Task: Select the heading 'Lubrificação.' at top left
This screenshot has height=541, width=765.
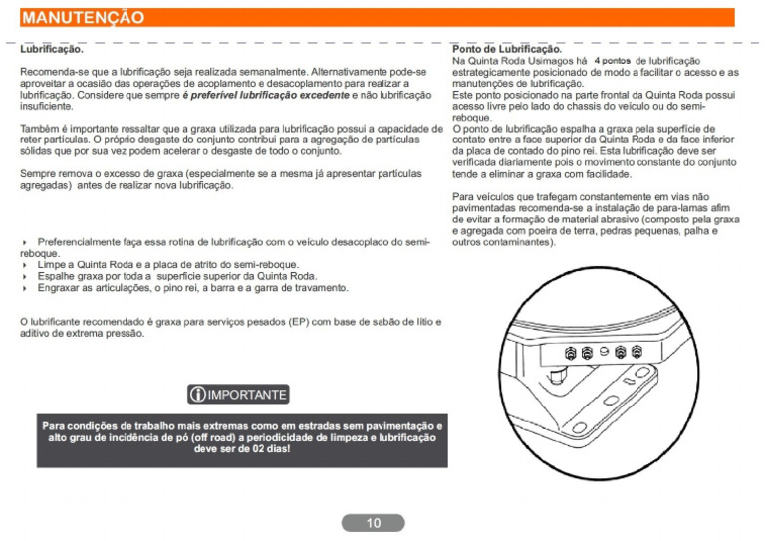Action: (52, 48)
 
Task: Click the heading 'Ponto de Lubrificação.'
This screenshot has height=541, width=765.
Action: (507, 49)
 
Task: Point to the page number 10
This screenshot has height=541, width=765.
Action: (373, 523)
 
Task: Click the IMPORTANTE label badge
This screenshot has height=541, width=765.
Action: (237, 394)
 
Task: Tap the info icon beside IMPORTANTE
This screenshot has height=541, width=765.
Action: (195, 394)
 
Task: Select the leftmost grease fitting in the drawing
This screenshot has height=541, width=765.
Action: (571, 353)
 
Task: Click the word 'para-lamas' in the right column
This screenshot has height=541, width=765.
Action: (670, 209)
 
